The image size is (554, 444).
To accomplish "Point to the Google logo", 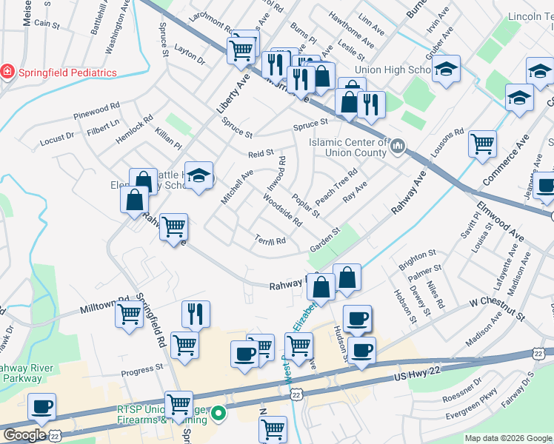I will pos(24,435).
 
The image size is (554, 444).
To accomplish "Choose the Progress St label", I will pos(141,368).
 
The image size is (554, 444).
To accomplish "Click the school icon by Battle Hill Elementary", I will pos(198,175).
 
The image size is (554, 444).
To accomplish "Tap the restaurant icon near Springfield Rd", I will pos(196,314).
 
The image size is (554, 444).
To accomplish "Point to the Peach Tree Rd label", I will pos(336,185).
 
